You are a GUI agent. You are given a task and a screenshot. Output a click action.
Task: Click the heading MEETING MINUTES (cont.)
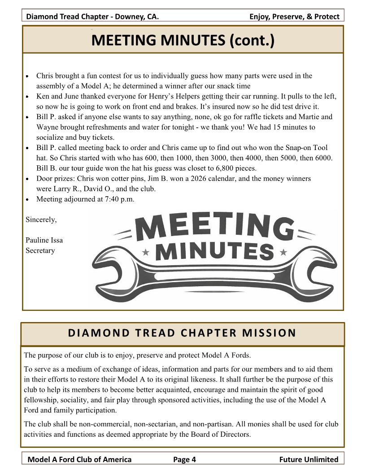183,41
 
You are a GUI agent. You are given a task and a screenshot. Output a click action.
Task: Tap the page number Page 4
184,459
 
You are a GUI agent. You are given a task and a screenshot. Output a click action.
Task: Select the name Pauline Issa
44,240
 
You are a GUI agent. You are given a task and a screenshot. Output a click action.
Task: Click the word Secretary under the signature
40,250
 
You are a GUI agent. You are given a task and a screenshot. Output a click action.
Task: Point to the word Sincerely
41,219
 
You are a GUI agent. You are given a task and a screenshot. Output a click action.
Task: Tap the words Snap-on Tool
306,148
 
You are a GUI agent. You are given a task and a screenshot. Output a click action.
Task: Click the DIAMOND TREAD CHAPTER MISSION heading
182,333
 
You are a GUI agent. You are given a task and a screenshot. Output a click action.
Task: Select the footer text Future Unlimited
309,459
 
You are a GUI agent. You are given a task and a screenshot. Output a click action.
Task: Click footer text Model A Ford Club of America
80,459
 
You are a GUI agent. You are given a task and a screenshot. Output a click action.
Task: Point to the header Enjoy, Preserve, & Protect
294,17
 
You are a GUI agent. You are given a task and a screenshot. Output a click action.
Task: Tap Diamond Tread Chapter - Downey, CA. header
92,17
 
